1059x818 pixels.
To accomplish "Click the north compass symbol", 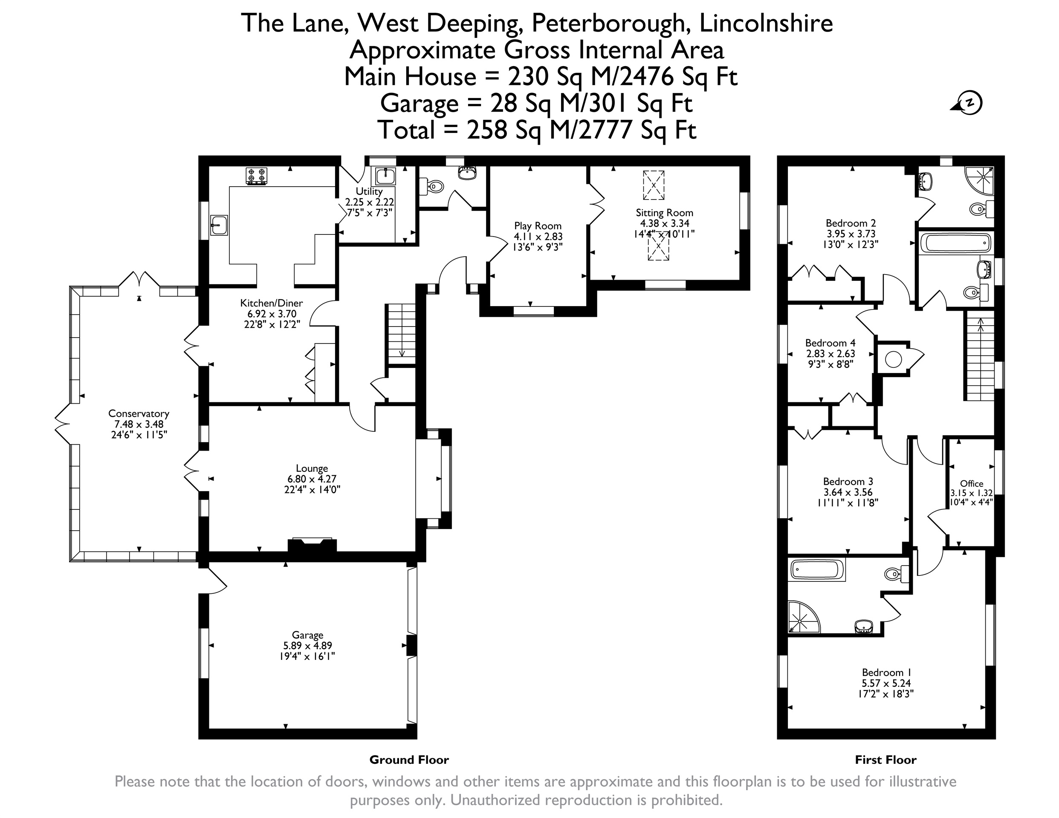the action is point(966,103).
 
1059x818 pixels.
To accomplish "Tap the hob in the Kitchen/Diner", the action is point(257,176).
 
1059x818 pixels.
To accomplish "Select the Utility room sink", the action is point(385,177).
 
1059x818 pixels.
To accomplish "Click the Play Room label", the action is point(538,226).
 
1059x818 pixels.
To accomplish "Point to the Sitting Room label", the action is point(664,213).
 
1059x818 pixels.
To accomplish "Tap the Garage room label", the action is point(307,635).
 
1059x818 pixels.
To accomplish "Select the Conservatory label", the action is point(139,413).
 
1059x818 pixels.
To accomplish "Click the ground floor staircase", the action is point(400,334).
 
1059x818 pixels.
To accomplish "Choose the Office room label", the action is point(972,483).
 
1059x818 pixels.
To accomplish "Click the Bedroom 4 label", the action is point(830,343).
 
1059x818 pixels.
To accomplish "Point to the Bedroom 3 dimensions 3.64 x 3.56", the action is point(848,492).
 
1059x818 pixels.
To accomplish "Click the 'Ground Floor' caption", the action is point(409,760).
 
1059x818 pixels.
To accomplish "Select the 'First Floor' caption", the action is point(885,760).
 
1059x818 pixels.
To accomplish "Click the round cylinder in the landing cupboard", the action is point(893,359).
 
